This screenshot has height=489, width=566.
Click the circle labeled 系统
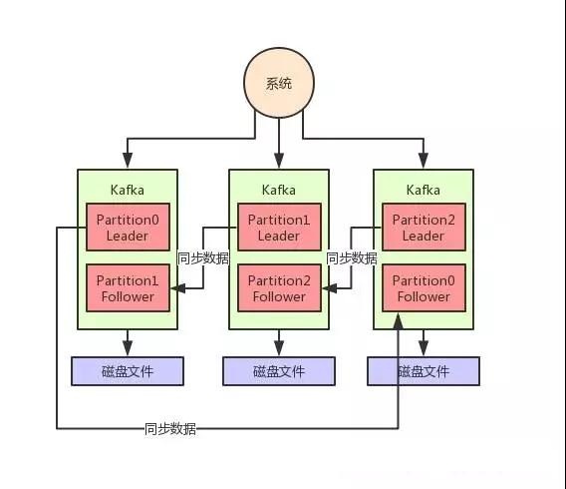point(279,83)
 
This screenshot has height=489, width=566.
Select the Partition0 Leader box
point(128,227)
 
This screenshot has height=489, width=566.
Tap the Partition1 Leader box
point(279,227)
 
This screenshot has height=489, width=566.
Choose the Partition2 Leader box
point(424,227)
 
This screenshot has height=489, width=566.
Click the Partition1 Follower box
point(128,287)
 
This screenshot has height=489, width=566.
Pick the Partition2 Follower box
point(279,287)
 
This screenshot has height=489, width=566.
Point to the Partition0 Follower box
point(424,287)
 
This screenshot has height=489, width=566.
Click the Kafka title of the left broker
point(128,190)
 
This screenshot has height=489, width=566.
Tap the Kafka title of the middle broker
point(279,190)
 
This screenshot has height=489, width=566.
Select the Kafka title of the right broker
point(424,190)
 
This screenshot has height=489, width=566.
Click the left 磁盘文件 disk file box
point(128,371)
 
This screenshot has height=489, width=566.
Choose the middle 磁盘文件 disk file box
point(279,371)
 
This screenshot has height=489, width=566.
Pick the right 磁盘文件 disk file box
point(424,371)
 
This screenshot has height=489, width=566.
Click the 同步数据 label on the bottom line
point(170,429)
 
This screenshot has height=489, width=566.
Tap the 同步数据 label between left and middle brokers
point(203,258)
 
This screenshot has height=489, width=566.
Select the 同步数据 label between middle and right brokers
point(352,258)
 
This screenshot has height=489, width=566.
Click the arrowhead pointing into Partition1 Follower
point(178,288)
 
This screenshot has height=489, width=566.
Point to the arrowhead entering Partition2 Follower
point(330,288)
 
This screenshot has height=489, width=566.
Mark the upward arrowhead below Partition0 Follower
point(399,321)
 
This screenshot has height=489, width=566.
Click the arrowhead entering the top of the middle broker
point(279,161)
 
